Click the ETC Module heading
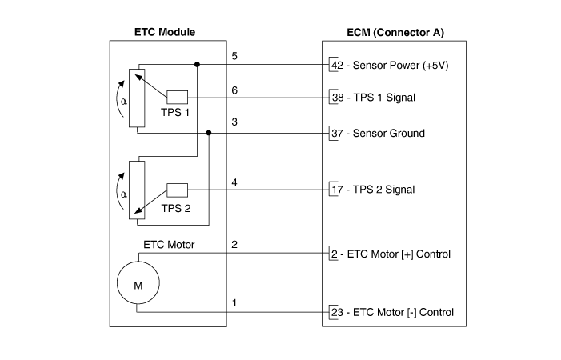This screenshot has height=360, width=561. pyautogui.click(x=163, y=33)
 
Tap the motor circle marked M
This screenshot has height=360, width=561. pyautogui.click(x=138, y=285)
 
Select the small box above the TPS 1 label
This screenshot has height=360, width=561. pyautogui.click(x=177, y=98)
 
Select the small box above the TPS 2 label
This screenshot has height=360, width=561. pyautogui.click(x=177, y=190)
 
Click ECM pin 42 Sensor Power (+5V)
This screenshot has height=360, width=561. pyautogui.click(x=336, y=66)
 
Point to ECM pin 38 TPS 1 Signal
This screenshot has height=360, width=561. pyautogui.click(x=336, y=98)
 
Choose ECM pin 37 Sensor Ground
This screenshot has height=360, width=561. pyautogui.click(x=336, y=133)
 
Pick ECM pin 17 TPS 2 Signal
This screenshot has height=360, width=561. pyautogui.click(x=336, y=190)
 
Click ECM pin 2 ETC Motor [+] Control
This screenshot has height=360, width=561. pyautogui.click(x=334, y=254)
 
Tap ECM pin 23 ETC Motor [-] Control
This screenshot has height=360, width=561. pyautogui.click(x=336, y=312)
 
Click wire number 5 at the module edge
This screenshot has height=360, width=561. pyautogui.click(x=234, y=56)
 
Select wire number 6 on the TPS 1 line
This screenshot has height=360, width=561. pyautogui.click(x=234, y=90)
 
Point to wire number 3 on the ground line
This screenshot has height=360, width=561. pyautogui.click(x=234, y=122)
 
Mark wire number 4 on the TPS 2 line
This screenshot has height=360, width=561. pyautogui.click(x=234, y=182)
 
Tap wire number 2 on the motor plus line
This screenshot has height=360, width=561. pyautogui.click(x=234, y=245)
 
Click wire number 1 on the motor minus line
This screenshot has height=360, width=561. pyautogui.click(x=234, y=303)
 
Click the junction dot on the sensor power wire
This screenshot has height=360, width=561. pyautogui.click(x=197, y=64)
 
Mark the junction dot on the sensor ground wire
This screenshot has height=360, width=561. pyautogui.click(x=209, y=133)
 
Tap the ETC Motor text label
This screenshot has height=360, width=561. pyautogui.click(x=169, y=245)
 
